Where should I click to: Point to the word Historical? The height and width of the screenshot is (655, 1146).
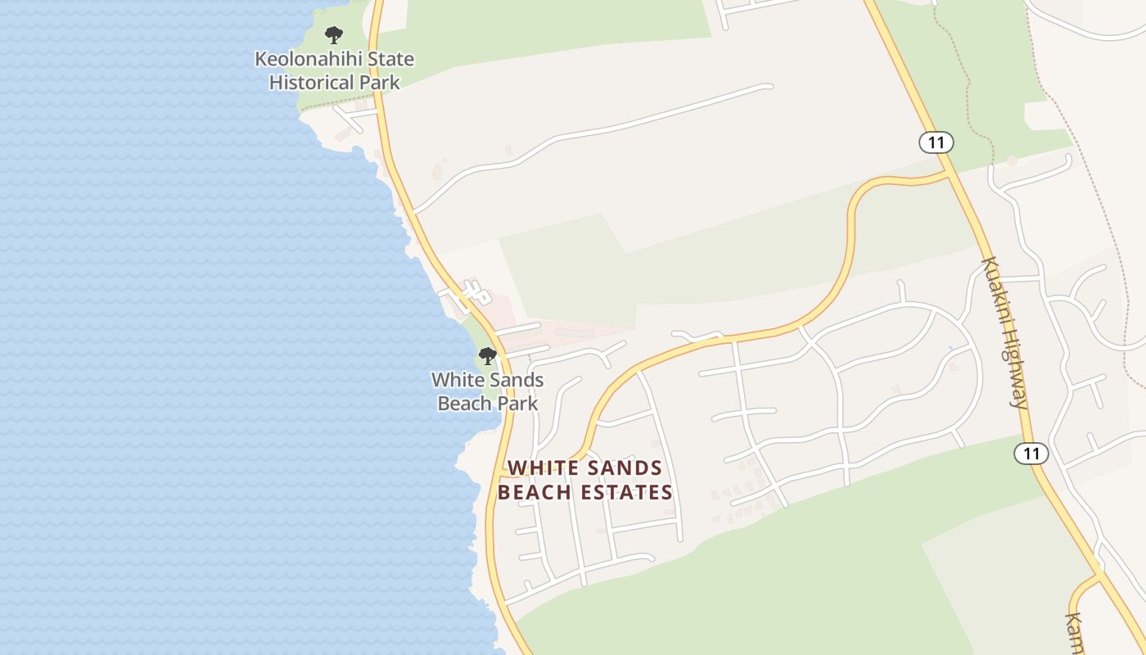312,83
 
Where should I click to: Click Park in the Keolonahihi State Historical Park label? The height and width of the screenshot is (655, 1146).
379,83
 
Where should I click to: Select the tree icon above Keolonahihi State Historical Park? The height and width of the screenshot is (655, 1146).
333,35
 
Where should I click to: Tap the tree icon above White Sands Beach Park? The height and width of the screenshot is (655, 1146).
488,356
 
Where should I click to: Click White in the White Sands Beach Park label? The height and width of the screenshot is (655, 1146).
457,380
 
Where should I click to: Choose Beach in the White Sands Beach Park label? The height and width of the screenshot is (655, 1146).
462,404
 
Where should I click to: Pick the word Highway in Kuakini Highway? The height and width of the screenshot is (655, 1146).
1014,368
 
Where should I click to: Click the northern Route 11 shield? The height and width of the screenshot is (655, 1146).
936,142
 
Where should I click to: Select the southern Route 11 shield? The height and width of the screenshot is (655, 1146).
1031,453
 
